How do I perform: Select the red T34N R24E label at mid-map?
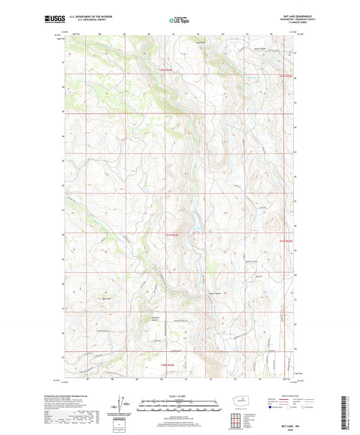[174, 235]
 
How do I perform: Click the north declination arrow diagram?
[122, 407]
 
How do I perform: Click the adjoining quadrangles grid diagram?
[236, 423]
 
